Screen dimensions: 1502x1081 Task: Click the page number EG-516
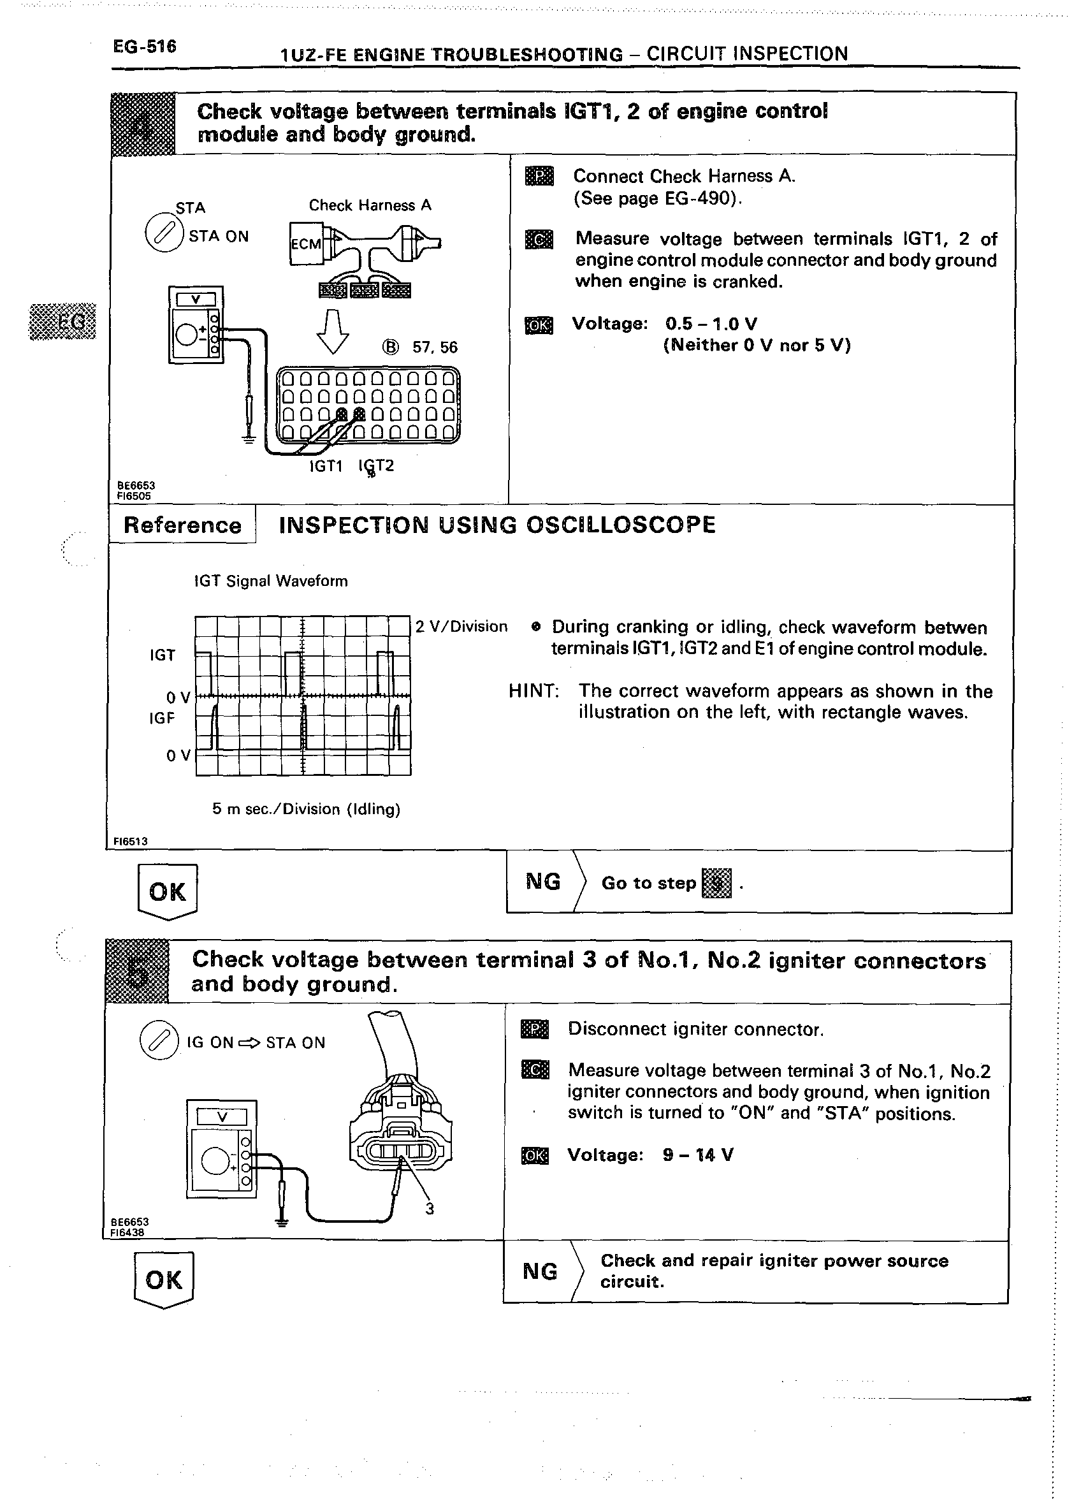point(144,47)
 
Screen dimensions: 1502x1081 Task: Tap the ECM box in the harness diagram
point(305,244)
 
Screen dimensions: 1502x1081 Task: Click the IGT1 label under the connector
point(326,466)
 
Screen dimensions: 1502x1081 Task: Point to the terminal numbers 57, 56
point(434,347)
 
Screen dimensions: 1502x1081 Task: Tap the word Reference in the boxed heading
point(182,525)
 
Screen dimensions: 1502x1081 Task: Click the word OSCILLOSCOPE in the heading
point(620,525)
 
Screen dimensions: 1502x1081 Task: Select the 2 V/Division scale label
point(461,627)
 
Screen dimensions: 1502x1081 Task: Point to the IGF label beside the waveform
point(161,718)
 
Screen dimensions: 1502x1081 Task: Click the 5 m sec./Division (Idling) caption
point(306,808)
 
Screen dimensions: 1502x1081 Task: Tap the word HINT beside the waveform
point(533,692)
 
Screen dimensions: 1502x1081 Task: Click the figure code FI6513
point(130,841)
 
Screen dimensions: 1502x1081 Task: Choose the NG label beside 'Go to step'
point(543,882)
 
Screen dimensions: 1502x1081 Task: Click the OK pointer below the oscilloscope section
point(168,891)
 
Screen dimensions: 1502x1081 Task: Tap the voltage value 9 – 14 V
point(698,1155)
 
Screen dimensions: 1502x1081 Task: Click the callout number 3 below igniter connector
point(430,1209)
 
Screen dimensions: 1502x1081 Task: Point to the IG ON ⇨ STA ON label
point(256,1042)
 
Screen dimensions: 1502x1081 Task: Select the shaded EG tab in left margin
point(64,322)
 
